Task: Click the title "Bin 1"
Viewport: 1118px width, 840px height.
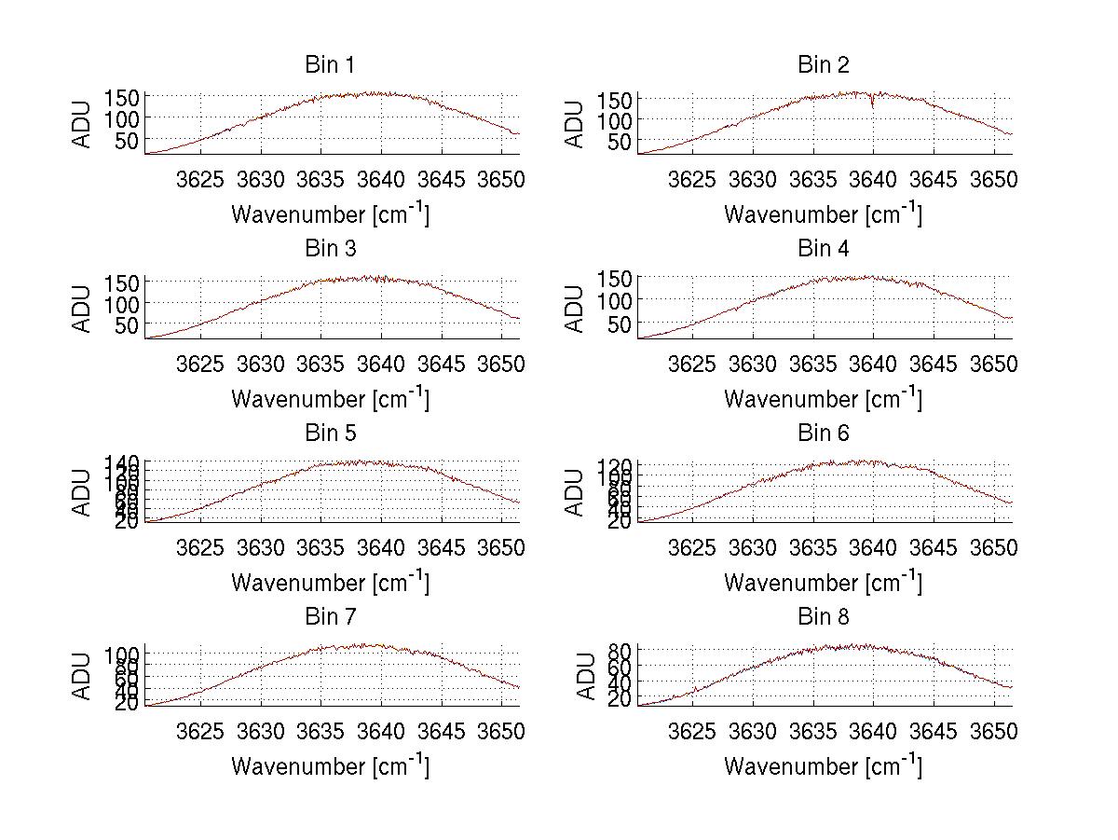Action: (330, 65)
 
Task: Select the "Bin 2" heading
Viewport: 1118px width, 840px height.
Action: (823, 65)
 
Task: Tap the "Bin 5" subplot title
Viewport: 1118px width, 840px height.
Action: (330, 434)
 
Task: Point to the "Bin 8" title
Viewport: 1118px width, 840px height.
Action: (823, 617)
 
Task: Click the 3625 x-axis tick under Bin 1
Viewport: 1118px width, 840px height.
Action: (200, 180)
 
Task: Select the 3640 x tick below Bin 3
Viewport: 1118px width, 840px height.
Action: (381, 364)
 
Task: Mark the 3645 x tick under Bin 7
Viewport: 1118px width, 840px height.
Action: (442, 732)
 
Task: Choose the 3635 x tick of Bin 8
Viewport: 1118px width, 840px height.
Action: (812, 732)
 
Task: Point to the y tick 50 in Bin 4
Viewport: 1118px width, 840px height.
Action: (620, 324)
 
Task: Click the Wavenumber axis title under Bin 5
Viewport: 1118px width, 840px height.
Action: (330, 583)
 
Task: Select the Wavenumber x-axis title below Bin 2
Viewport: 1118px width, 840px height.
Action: (823, 214)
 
